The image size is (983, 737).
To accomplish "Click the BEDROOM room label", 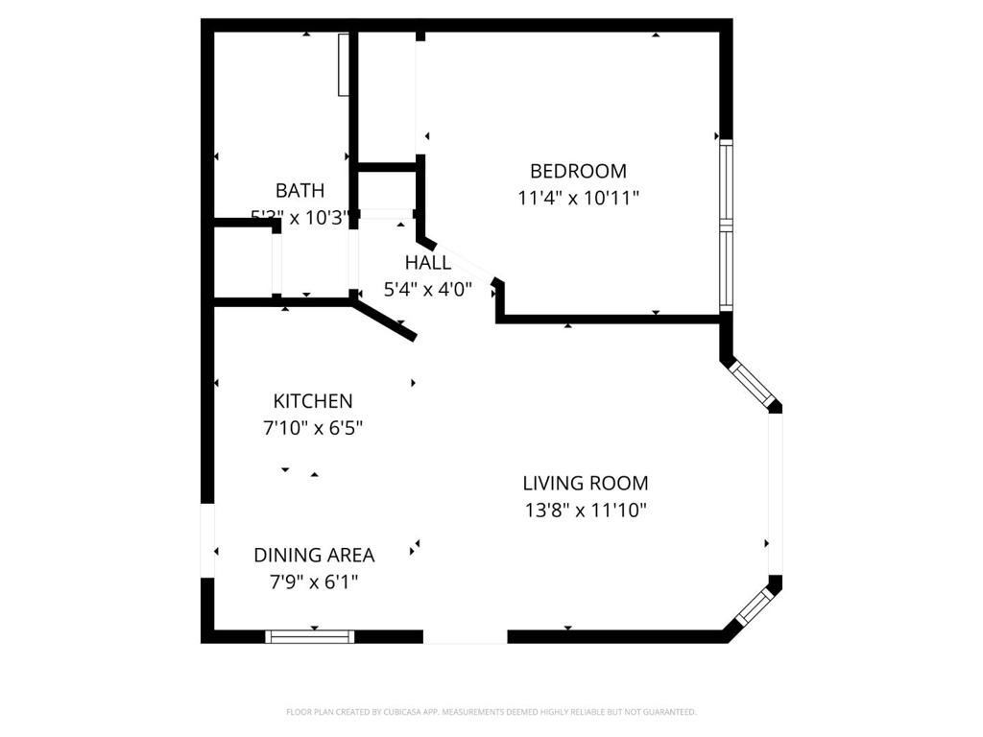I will tap(578, 171).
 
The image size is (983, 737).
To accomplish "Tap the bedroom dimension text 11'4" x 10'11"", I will tap(578, 198).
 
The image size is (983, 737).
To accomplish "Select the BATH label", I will tap(300, 190).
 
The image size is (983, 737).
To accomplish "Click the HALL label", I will tap(427, 263).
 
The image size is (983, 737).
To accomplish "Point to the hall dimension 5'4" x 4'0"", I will tap(427, 289).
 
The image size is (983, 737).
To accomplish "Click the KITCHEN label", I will tap(313, 401).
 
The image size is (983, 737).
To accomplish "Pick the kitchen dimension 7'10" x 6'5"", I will tap(313, 428).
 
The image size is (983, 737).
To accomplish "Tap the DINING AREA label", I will tap(314, 555).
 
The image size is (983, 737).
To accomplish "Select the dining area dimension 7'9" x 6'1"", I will tap(314, 582).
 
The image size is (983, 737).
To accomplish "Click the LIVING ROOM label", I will tap(585, 483).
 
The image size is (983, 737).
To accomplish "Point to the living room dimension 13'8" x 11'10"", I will tap(585, 510).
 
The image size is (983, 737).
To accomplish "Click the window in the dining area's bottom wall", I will tap(310, 636).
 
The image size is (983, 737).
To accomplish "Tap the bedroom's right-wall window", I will tap(726, 226).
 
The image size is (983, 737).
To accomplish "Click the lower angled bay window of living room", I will tap(754, 606).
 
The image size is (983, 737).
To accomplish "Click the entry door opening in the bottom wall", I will tap(465, 636).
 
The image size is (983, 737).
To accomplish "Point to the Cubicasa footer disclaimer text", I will tap(491, 712).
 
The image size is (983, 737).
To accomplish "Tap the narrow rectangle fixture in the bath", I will tap(343, 64).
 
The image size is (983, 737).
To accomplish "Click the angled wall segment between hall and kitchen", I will tap(385, 321).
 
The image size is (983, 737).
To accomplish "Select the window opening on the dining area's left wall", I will tap(207, 540).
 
